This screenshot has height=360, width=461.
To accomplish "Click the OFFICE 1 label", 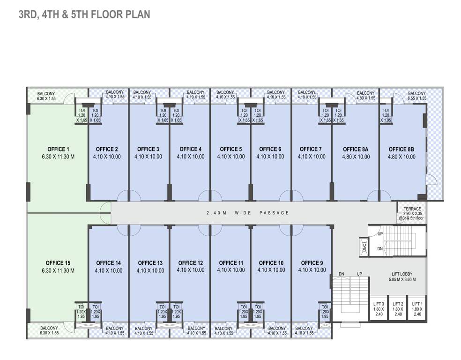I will (58, 150).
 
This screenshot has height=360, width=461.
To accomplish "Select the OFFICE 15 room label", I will (58, 263).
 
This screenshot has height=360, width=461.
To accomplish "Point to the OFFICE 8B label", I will (401, 150).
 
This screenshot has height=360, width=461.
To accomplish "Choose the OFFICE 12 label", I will (191, 263).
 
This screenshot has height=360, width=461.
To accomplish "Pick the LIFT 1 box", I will (416, 309).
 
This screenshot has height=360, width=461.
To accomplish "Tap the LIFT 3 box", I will (379, 309).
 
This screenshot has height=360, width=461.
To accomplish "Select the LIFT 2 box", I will (398, 309).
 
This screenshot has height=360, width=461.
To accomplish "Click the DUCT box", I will (364, 246).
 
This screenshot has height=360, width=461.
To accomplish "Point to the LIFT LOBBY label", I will (402, 274).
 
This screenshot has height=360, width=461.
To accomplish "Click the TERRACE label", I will (412, 209).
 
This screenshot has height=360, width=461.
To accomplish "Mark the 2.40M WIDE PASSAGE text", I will (247, 213).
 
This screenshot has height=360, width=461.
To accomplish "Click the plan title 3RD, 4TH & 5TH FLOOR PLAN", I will (84, 15).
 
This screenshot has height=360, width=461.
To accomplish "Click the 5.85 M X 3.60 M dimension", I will (402, 280).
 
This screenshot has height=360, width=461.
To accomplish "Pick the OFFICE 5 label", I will (231, 150).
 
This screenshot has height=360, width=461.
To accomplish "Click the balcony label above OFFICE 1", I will (46, 96).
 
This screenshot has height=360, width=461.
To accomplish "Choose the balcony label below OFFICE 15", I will (49, 330).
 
